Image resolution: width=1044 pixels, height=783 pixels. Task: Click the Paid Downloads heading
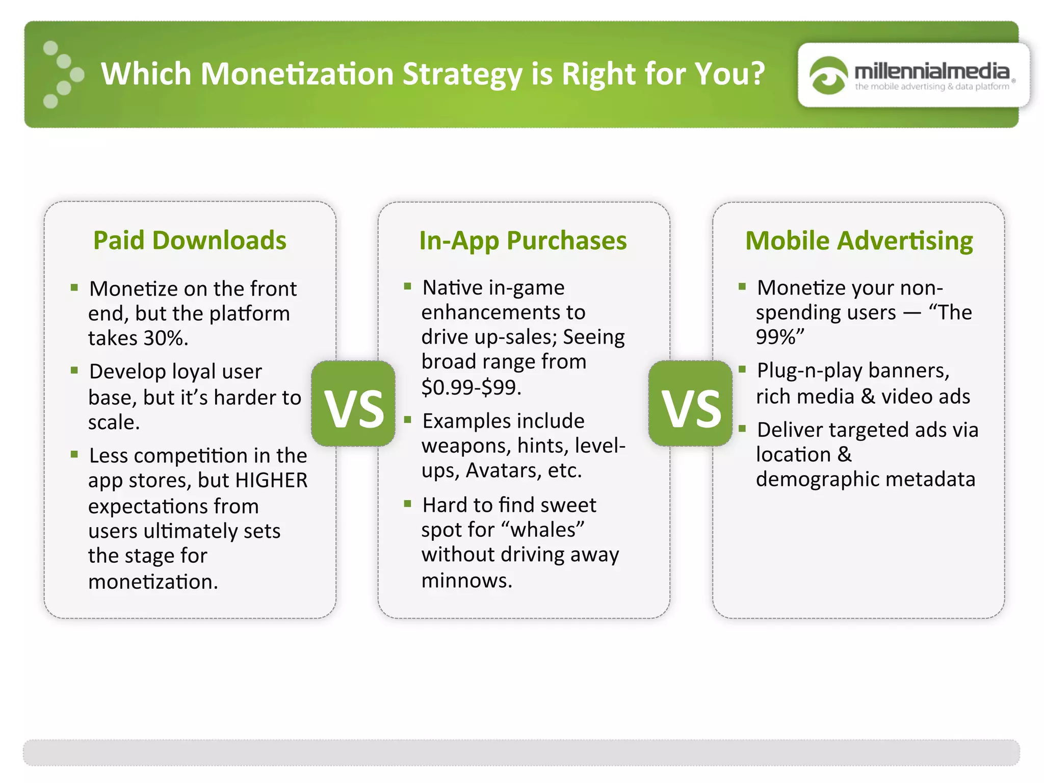click(190, 240)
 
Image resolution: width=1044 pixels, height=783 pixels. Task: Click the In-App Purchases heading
click(523, 241)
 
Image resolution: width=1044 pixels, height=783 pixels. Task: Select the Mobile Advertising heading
click(859, 241)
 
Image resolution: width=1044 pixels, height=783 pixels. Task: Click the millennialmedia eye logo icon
click(828, 75)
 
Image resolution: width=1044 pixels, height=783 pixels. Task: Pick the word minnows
click(466, 580)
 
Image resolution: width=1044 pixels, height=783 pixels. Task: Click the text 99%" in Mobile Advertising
click(780, 337)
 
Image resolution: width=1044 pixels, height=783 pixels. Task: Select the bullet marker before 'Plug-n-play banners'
click(742, 369)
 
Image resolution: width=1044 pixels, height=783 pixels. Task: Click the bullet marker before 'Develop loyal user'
click(74, 370)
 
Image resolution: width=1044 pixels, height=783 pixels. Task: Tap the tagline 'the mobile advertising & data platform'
click(931, 87)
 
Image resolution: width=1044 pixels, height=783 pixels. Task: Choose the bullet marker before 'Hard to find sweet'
click(407, 504)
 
